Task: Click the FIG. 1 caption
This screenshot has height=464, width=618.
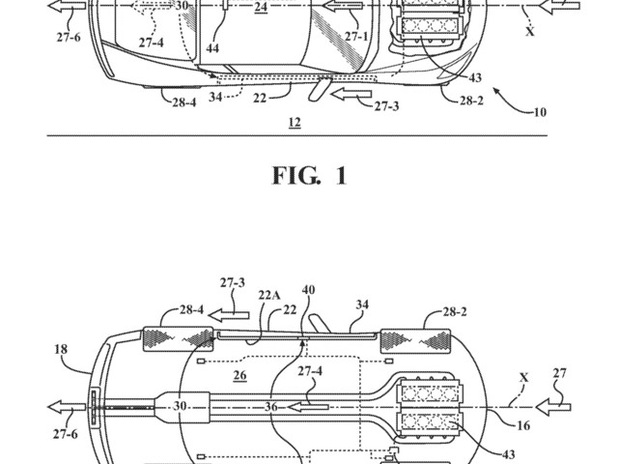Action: click(310, 176)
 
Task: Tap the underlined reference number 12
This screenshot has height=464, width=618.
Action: click(295, 123)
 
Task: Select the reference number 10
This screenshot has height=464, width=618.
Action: click(540, 112)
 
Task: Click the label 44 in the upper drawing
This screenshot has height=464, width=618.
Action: click(212, 48)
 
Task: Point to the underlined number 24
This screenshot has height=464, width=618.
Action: click(261, 7)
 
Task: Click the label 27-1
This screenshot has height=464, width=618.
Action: click(356, 37)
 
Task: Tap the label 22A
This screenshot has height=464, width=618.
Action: click(269, 295)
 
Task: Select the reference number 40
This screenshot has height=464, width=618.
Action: click(308, 290)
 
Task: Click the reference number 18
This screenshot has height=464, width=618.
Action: click(61, 349)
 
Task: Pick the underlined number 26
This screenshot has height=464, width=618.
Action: click(239, 375)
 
